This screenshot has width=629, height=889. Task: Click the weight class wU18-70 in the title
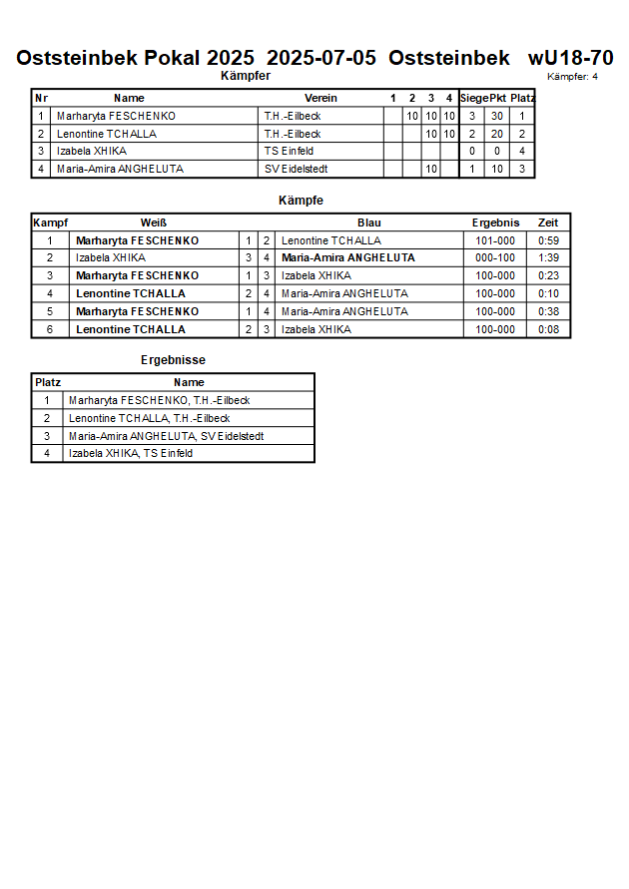[570, 58]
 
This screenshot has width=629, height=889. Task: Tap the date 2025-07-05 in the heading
[321, 58]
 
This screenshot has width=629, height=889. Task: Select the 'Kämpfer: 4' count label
[572, 77]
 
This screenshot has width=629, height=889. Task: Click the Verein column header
[320, 98]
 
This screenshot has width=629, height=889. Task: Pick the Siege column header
[473, 98]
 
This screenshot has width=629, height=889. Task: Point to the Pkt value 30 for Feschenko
[496, 116]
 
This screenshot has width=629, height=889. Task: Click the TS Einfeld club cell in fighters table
[290, 151]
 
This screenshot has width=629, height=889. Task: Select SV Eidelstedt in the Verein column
[297, 169]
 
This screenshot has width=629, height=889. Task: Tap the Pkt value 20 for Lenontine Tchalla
[496, 134]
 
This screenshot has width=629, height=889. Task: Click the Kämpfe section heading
[301, 201]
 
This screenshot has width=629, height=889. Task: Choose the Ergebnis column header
[495, 222]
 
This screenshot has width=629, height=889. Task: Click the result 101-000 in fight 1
[495, 240]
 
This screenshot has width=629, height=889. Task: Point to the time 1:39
[548, 257]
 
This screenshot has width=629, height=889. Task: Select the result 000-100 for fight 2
[495, 257]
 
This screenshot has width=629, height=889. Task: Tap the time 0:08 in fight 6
[548, 329]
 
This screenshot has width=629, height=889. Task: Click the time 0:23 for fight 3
[548, 275]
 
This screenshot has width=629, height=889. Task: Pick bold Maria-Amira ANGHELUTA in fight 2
[347, 257]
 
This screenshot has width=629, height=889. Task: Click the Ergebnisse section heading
[174, 360]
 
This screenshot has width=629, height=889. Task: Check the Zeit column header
[548, 222]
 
